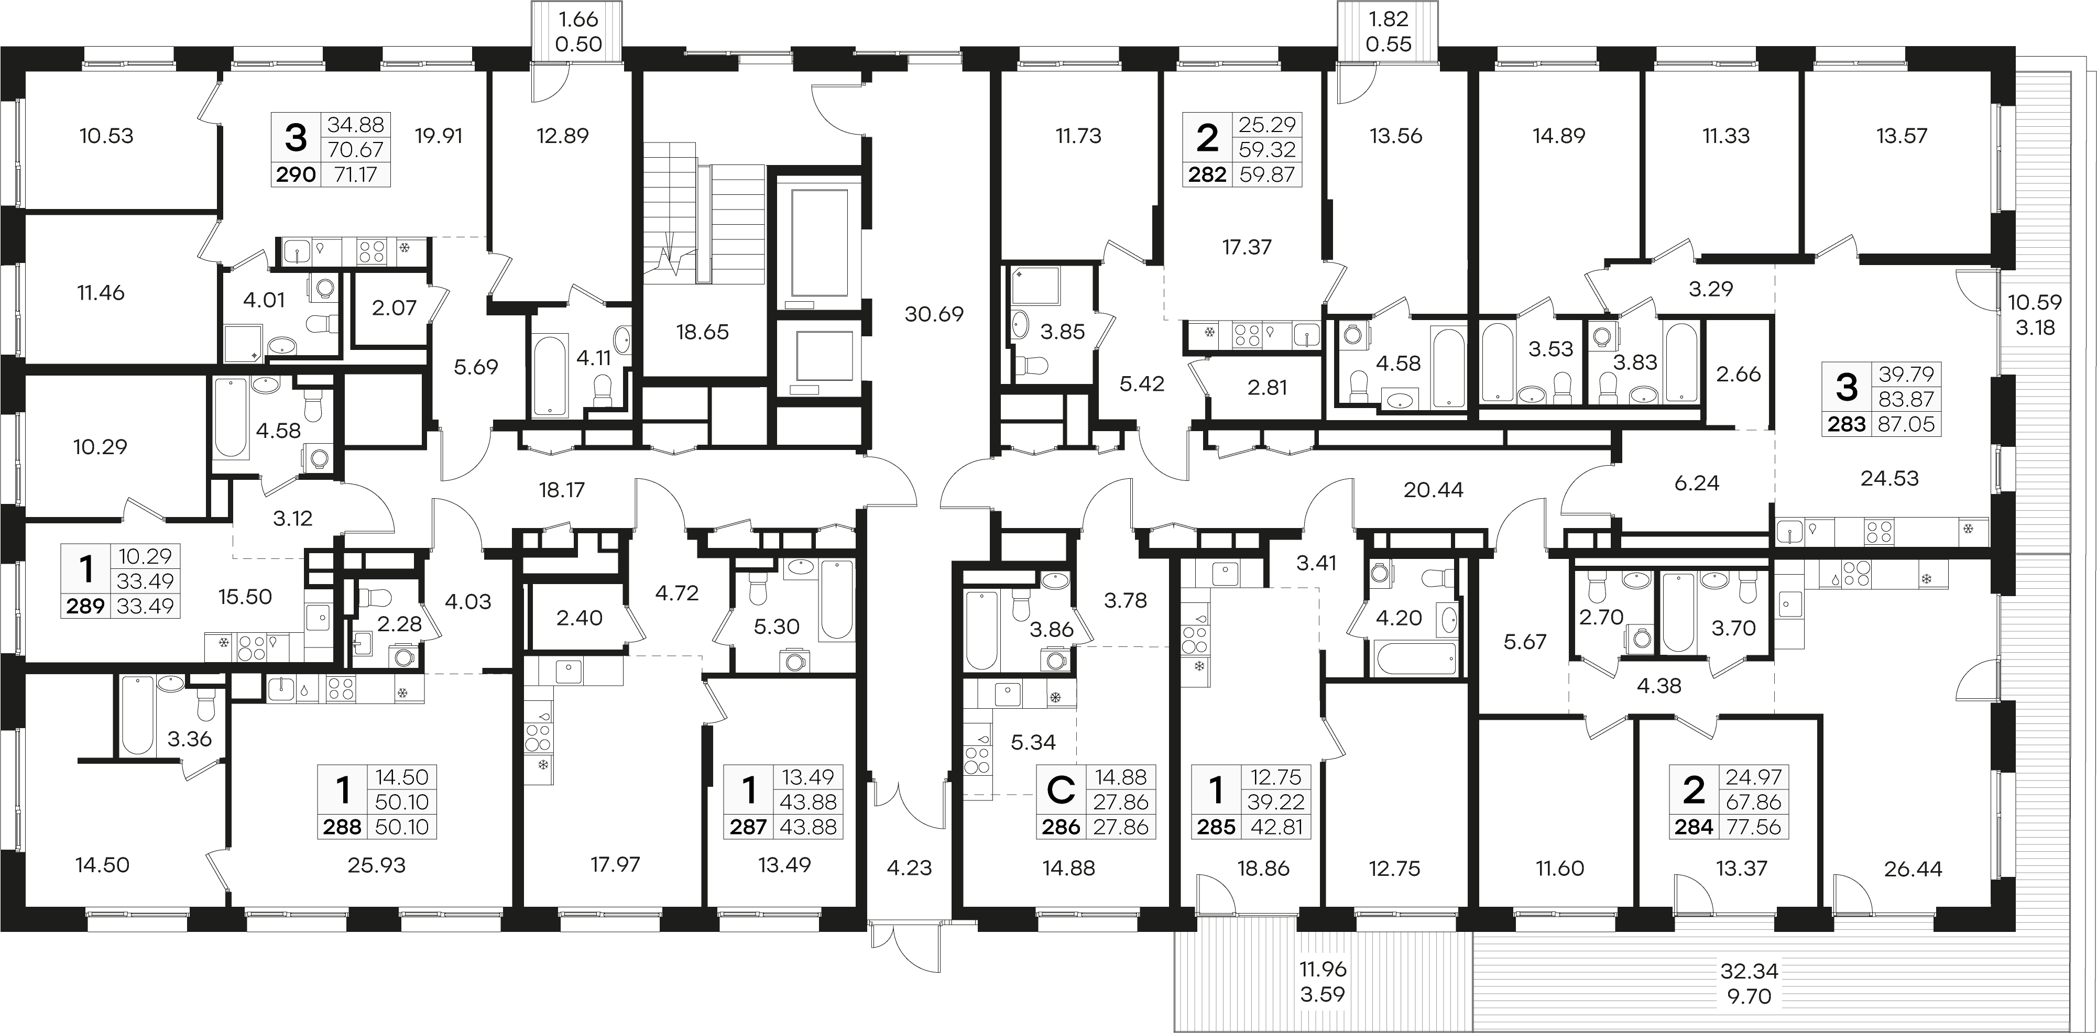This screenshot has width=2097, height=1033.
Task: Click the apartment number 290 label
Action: click(x=297, y=174)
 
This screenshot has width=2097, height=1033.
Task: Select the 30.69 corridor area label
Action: click(x=934, y=313)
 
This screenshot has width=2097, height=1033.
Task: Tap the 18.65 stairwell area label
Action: click(x=703, y=332)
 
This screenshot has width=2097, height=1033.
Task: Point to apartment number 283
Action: click(x=1847, y=424)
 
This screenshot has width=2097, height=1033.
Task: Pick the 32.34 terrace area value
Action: click(x=1750, y=971)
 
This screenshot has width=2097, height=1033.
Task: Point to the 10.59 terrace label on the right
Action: click(x=2034, y=303)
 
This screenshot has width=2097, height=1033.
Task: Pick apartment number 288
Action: click(x=342, y=827)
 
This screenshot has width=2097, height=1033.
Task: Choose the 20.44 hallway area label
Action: click(x=1434, y=490)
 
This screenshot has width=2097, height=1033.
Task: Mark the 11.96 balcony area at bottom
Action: click(x=1323, y=970)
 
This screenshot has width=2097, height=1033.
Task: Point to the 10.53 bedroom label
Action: click(x=107, y=135)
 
